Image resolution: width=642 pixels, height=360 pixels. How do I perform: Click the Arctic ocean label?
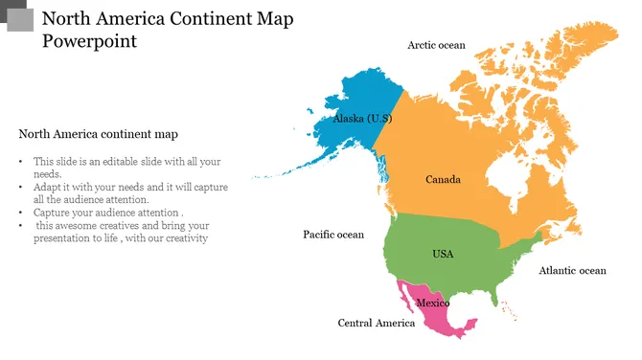click(x=436, y=45)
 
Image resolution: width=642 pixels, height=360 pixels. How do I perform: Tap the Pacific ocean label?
click(x=333, y=235)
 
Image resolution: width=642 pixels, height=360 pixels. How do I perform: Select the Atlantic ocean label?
click(x=572, y=271)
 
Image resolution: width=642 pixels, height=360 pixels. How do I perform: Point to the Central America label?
click(x=377, y=323)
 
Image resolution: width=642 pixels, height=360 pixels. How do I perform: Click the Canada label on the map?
click(x=443, y=180)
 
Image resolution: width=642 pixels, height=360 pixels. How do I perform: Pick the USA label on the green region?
click(x=443, y=254)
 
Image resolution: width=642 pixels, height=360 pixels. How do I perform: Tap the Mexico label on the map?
click(x=433, y=304)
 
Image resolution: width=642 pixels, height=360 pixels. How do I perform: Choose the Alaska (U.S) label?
click(x=362, y=119)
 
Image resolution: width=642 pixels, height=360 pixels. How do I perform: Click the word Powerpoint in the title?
click(x=89, y=41)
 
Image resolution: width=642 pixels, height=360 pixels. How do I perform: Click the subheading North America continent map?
click(x=98, y=134)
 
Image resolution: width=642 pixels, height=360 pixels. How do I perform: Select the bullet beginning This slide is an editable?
click(x=126, y=168)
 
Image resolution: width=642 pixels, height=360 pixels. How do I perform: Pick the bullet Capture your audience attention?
click(x=107, y=213)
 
